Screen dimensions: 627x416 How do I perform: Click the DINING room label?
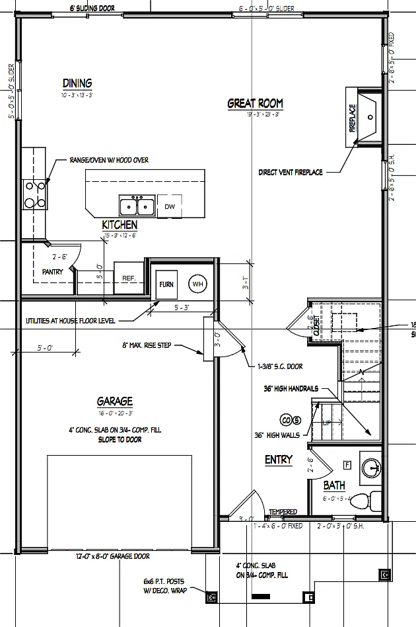click(x=77, y=83)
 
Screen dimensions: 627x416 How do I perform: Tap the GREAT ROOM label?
click(x=255, y=103)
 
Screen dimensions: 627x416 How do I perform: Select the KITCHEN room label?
click(x=120, y=226)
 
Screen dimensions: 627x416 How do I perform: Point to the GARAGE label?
click(x=115, y=401)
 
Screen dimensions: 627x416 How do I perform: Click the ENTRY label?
click(x=278, y=460)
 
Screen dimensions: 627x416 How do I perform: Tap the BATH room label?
click(x=334, y=486)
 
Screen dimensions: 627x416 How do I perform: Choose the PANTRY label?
click(x=52, y=271)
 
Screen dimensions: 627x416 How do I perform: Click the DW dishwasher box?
click(x=169, y=207)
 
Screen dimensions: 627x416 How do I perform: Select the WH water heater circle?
click(x=197, y=284)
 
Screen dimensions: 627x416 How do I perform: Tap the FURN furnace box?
click(x=166, y=284)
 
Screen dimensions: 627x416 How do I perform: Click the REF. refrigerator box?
click(x=128, y=278)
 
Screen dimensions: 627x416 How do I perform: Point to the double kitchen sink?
click(x=137, y=206)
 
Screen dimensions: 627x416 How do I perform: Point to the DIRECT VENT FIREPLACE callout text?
click(x=291, y=173)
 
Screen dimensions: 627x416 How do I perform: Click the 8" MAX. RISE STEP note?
click(x=156, y=345)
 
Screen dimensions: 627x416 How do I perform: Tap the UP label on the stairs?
click(x=326, y=422)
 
